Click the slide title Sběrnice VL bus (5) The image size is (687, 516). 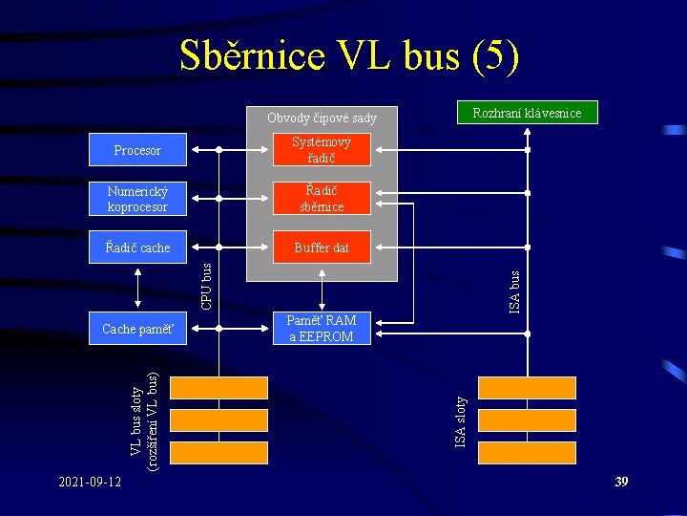click(349, 57)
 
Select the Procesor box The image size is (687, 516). click(137, 150)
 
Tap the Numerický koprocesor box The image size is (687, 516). click(137, 199)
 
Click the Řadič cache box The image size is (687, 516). click(137, 247)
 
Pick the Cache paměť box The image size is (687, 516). click(137, 329)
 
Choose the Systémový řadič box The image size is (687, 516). click(321, 150)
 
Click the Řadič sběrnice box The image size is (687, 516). click(321, 199)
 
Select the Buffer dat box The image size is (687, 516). click(321, 247)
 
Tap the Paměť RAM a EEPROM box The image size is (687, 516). click(321, 329)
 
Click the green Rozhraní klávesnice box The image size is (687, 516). click(528, 113)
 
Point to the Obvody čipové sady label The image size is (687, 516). click(322, 118)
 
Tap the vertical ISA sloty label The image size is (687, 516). click(460, 421)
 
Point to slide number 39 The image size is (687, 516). click(621, 482)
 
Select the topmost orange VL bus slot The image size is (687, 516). click(219, 387)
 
